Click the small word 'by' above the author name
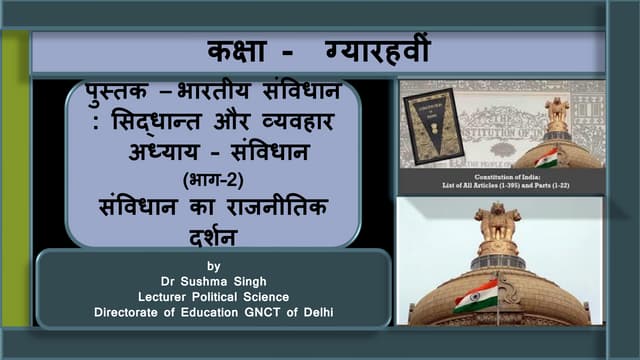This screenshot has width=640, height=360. tap(212, 266)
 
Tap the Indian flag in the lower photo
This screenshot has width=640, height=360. tap(475, 295)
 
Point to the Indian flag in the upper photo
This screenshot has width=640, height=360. tap(546, 158)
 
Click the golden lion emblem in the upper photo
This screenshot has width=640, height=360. tap(557, 111)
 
